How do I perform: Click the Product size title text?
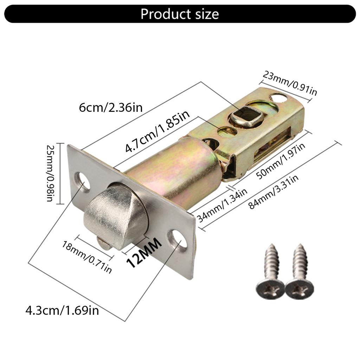[x=180, y=14]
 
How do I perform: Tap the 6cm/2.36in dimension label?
[x=111, y=107]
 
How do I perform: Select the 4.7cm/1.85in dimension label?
[x=157, y=131]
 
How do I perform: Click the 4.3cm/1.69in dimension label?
[x=62, y=310]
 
